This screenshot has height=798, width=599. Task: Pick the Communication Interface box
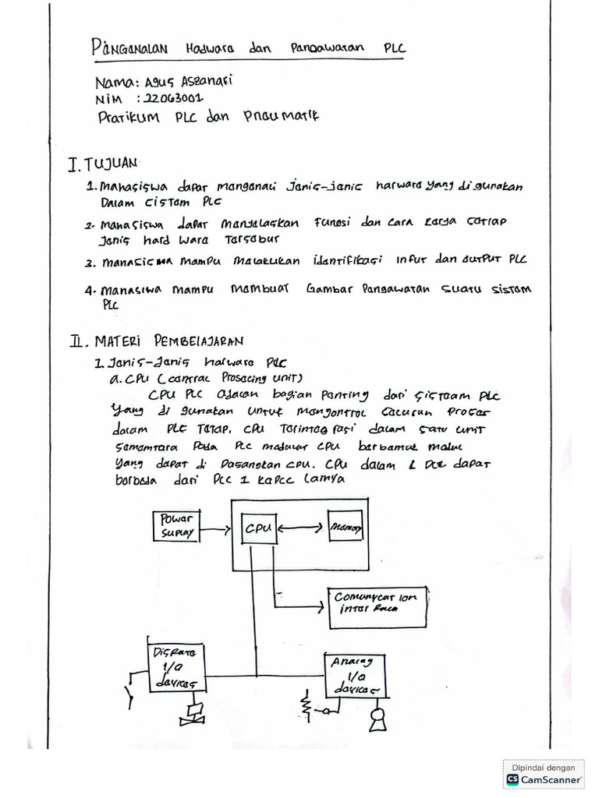pos(376,603)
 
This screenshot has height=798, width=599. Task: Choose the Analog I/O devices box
pos(356,675)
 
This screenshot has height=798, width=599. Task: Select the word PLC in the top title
pos(395,48)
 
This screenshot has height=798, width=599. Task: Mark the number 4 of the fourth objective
pos(90,290)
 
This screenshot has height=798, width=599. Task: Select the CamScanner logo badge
pos(544,772)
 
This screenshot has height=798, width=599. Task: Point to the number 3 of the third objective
pos(90,262)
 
